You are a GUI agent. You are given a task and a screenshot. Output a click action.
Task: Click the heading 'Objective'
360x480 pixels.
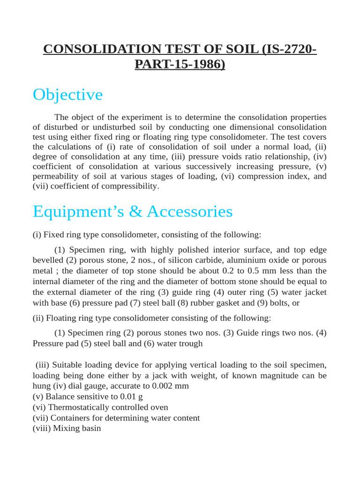click(x=67, y=95)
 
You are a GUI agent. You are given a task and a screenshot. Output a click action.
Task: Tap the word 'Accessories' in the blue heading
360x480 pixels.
click(x=189, y=211)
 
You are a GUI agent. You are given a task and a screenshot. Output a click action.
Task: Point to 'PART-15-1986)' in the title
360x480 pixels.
click(x=180, y=64)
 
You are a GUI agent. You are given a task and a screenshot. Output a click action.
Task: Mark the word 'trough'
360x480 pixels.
click(x=191, y=344)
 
